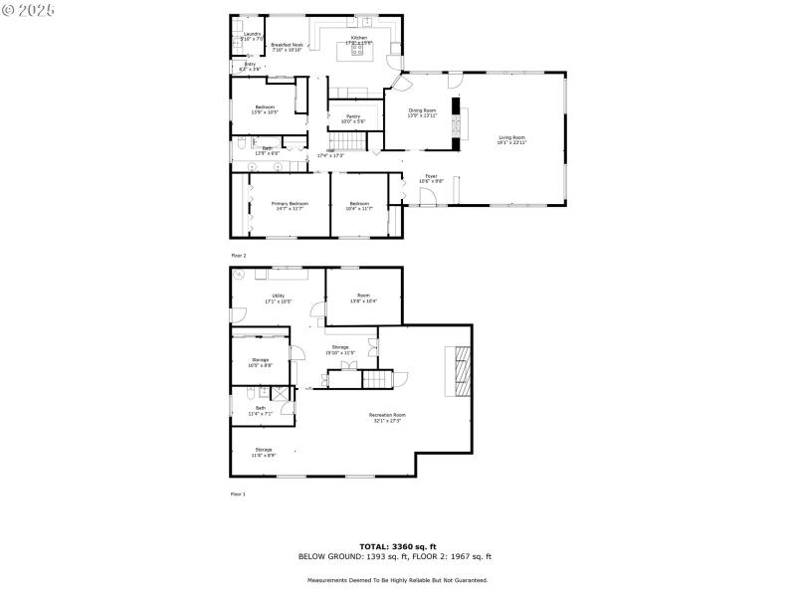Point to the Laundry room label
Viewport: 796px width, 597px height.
pos(253,36)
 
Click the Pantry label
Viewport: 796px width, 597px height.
pos(353,118)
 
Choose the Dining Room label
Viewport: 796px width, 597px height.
pos(422,112)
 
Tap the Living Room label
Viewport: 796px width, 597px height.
pos(511,139)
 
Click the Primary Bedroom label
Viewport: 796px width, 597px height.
pos(290,205)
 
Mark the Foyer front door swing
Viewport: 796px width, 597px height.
pos(428,197)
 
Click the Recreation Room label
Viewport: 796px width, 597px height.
pos(387,417)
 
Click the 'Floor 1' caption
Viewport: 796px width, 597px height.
pos(238,494)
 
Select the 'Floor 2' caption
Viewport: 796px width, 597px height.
pos(238,256)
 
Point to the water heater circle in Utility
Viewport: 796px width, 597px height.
pos(240,276)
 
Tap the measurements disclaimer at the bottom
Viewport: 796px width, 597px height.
pos(397,579)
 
